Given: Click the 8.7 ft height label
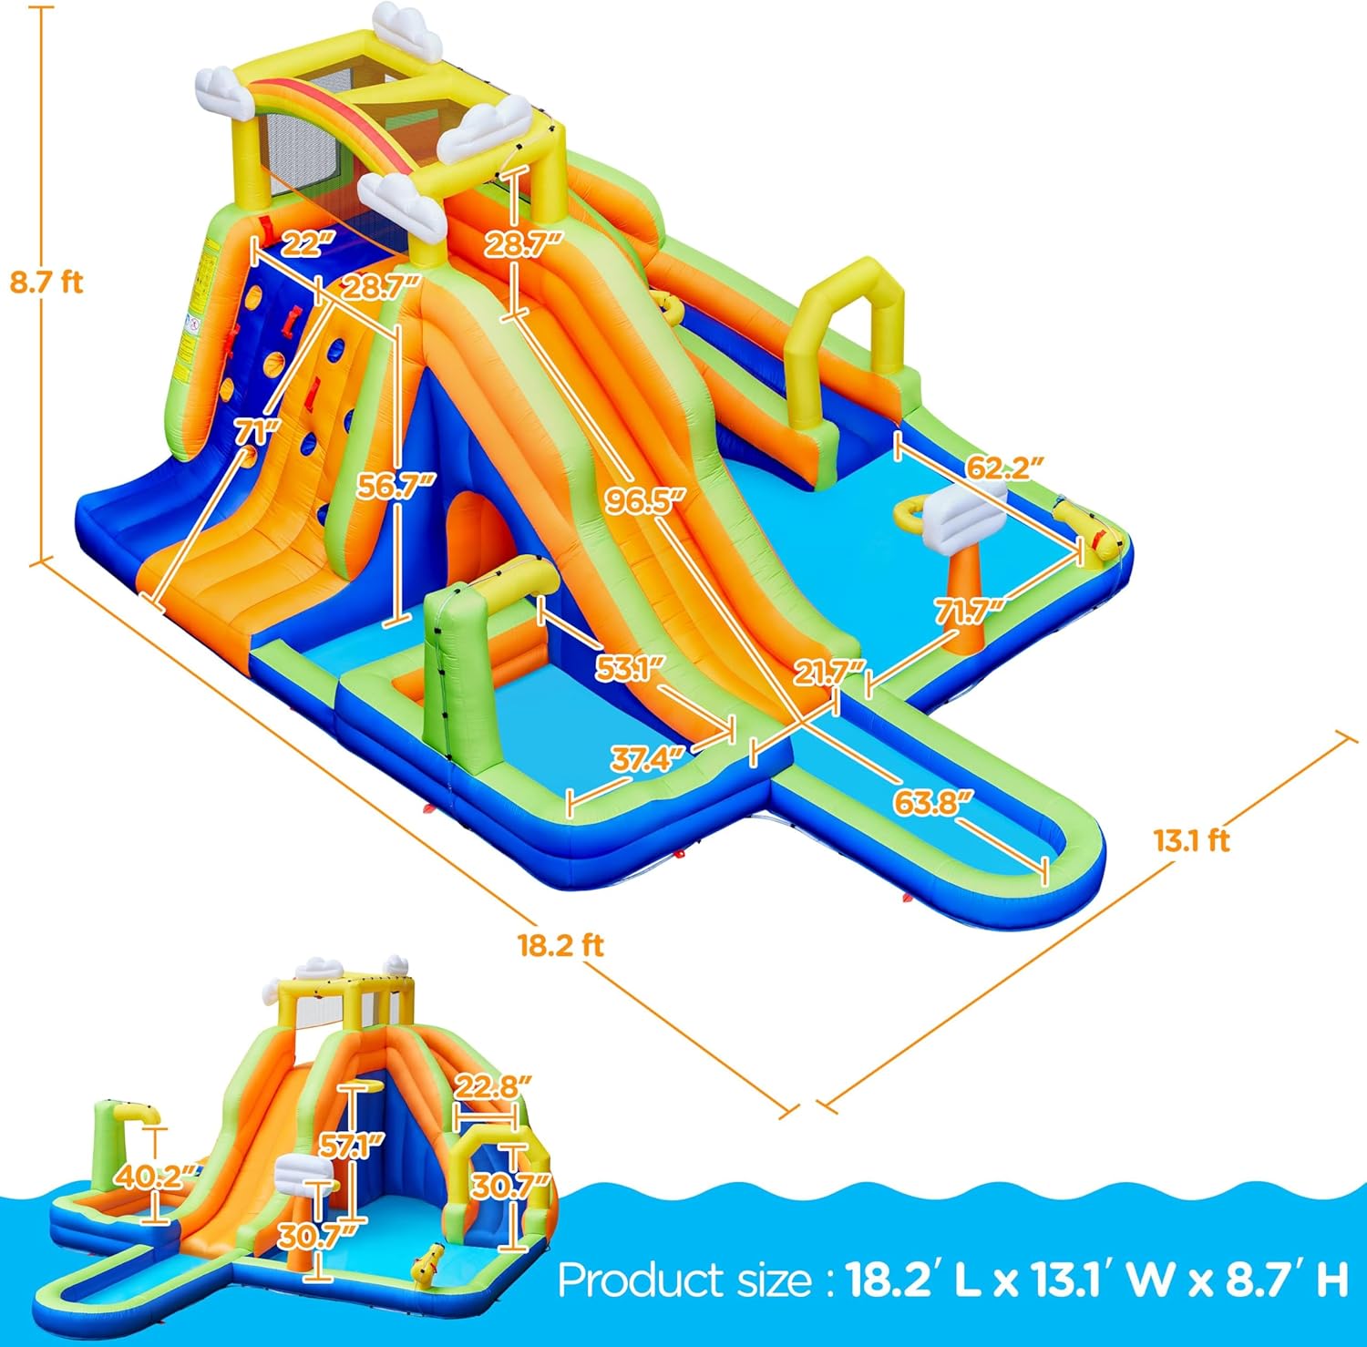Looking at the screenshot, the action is [x=46, y=283].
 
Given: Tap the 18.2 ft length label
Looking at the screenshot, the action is [x=560, y=945].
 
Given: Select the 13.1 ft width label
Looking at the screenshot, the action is [x=1192, y=840].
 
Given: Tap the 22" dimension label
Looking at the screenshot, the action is [x=296, y=245].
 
